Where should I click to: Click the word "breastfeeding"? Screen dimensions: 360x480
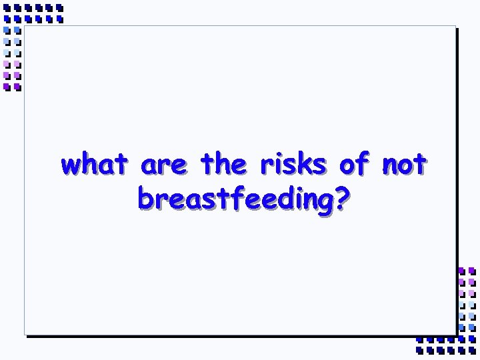[234, 198]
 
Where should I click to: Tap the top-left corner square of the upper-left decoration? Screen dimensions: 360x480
[7, 8]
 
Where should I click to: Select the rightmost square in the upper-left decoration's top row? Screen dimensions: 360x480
[59, 8]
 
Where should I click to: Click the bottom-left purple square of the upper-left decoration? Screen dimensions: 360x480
[7, 87]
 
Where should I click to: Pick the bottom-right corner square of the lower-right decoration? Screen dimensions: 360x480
[472, 349]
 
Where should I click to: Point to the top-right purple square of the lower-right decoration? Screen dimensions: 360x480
[472, 271]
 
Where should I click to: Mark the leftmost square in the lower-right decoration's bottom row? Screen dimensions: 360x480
[419, 349]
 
